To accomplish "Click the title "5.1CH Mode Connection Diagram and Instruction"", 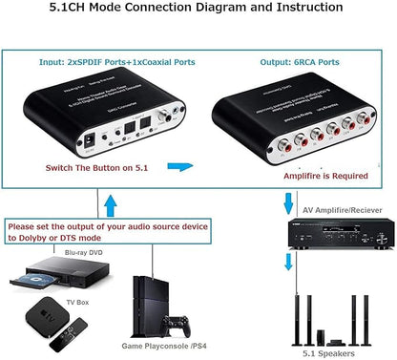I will (198, 9).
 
